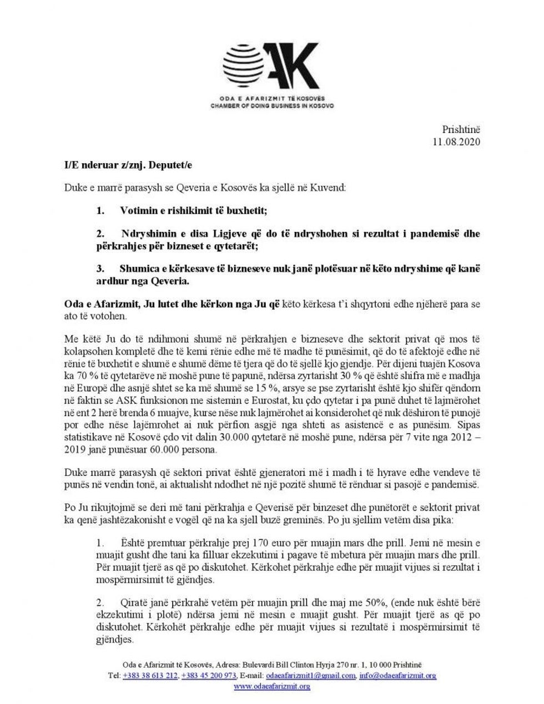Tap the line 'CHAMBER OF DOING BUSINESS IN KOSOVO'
coord(272,105)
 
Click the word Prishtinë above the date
coord(461,129)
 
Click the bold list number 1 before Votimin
coord(99,211)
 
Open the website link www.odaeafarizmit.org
coord(272,686)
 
